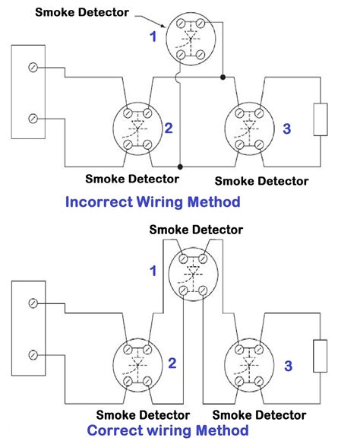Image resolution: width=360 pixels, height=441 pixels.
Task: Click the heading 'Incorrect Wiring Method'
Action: [x=153, y=202]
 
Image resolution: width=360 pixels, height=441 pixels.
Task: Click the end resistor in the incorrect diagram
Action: [x=321, y=119]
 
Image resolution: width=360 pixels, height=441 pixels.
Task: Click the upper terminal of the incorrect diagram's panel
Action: [x=32, y=68]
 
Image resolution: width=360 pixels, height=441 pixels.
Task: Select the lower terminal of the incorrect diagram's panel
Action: [x=32, y=118]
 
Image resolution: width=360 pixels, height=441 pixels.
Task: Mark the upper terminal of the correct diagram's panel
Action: [x=32, y=304]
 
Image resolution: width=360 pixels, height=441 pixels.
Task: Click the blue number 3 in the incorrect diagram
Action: [x=286, y=129]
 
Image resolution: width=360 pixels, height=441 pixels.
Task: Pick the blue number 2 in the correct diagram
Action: [x=172, y=363]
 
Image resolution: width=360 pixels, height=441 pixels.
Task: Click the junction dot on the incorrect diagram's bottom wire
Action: [x=180, y=167]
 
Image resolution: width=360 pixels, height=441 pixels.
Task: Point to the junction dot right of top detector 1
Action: [x=222, y=77]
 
